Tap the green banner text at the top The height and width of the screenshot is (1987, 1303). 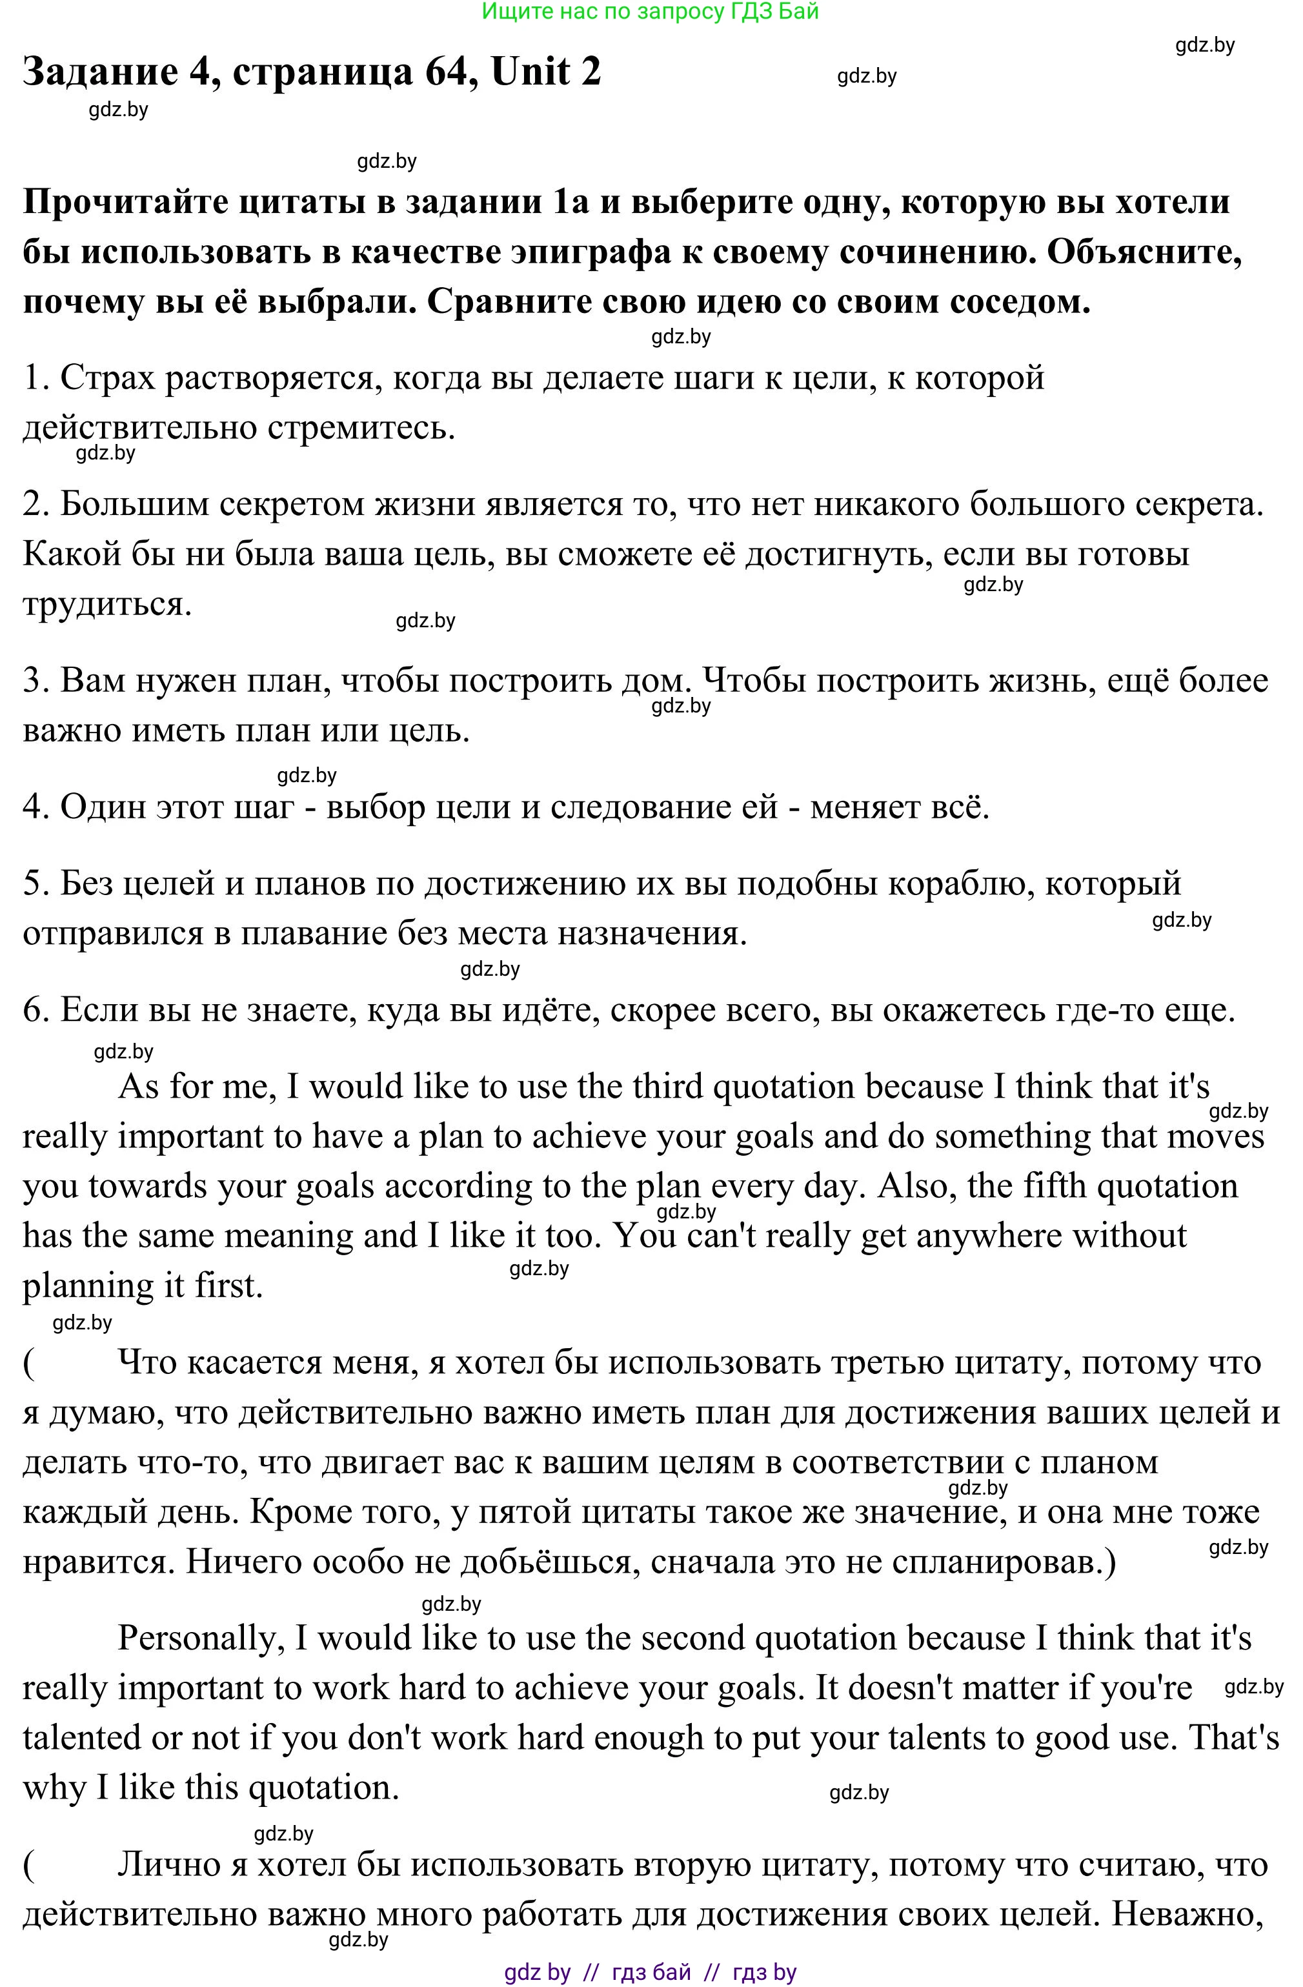point(651,12)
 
